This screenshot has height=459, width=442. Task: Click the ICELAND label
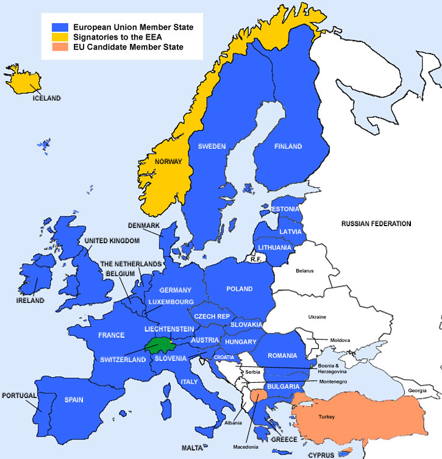47,98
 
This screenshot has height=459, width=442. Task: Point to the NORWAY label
169,162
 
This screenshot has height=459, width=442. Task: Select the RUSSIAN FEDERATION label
376,224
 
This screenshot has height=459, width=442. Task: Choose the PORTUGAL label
20,395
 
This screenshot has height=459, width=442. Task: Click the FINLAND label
288,146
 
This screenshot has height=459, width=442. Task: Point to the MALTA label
193,448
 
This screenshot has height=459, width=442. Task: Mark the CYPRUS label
321,455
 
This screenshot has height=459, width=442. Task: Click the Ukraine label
316,317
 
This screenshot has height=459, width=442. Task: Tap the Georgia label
418,390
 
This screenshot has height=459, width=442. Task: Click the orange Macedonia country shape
257,394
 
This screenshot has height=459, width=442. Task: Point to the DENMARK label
144,226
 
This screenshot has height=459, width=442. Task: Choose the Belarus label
304,270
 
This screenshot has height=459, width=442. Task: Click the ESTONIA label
285,209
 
